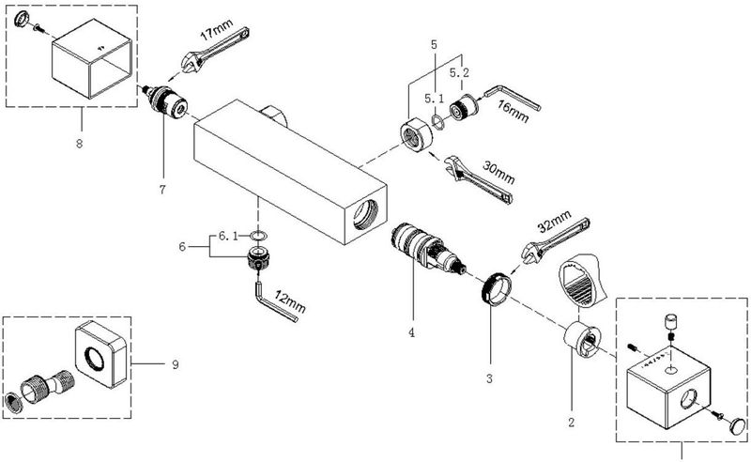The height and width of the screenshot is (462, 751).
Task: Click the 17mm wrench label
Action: (216, 30)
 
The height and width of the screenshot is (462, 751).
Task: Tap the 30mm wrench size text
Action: (498, 173)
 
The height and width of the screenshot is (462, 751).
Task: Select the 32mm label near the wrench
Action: (555, 220)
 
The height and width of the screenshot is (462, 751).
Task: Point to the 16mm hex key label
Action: (513, 111)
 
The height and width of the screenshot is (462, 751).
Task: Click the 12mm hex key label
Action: (290, 302)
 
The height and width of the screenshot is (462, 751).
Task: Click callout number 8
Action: (79, 143)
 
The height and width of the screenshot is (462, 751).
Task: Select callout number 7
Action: (162, 190)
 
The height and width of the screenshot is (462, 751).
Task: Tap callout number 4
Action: (411, 332)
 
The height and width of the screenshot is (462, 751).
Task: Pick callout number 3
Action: (489, 378)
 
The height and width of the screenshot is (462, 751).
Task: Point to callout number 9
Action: (176, 364)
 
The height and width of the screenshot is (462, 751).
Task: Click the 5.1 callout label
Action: (435, 99)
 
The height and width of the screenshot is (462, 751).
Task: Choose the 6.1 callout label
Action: (228, 236)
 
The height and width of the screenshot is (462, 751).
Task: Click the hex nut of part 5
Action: (417, 135)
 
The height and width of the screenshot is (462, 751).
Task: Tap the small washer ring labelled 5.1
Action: (438, 121)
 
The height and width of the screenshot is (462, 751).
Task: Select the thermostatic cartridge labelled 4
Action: (427, 249)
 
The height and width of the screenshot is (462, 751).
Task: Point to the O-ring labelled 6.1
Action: (258, 236)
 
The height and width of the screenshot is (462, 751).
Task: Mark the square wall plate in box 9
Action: (101, 354)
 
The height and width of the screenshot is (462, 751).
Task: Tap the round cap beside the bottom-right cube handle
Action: (738, 426)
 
